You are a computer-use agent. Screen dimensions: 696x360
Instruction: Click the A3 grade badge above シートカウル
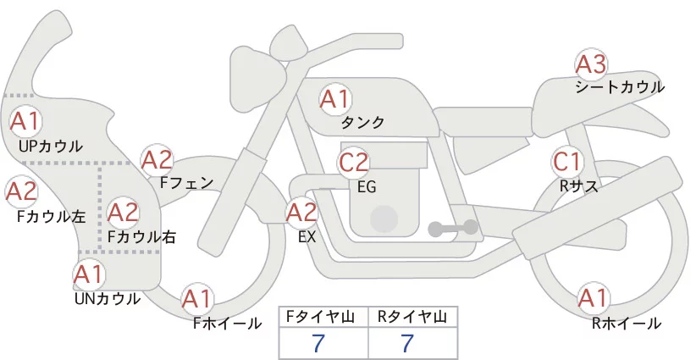click(x=591, y=65)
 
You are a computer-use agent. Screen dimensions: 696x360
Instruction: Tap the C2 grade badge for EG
click(x=353, y=163)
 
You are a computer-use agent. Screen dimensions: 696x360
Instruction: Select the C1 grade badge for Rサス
click(x=567, y=162)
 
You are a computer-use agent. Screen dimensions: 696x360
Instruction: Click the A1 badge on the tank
click(x=335, y=99)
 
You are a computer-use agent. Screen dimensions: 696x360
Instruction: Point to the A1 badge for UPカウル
click(x=25, y=121)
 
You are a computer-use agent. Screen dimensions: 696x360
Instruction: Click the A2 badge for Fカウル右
click(x=123, y=213)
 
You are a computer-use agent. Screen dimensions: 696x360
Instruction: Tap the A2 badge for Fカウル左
click(x=21, y=191)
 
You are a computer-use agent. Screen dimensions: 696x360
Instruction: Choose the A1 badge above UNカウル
click(x=89, y=274)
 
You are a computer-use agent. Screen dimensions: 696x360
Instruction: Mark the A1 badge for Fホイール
click(x=196, y=299)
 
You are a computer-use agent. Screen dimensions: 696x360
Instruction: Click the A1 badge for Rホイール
click(x=593, y=298)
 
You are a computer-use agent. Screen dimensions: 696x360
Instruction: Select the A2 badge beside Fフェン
click(x=157, y=160)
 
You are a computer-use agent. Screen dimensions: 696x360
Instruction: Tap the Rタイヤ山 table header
click(x=412, y=317)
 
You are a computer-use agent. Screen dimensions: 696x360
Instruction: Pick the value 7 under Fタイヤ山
click(x=318, y=344)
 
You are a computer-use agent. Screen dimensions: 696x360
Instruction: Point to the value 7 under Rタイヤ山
click(x=407, y=344)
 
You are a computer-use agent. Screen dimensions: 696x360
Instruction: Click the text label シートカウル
click(x=620, y=87)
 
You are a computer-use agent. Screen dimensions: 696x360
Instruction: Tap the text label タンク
click(x=362, y=122)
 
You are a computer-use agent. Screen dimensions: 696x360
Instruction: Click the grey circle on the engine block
click(x=384, y=219)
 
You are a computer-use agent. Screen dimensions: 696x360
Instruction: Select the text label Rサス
click(x=579, y=186)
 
